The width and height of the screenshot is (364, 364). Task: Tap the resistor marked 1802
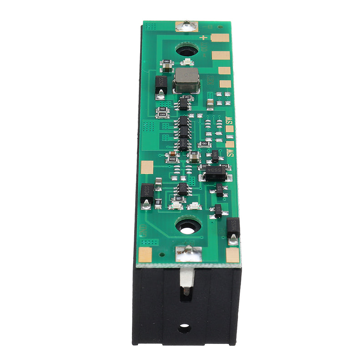click(x=187, y=97)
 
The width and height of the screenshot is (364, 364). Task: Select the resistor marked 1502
click(x=162, y=109)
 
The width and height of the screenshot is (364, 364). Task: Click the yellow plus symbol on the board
click(x=203, y=37)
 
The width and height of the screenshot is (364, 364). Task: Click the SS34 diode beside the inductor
click(x=161, y=82)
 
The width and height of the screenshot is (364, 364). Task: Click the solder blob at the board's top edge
click(x=187, y=26)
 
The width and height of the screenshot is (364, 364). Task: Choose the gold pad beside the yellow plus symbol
click(x=219, y=38)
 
